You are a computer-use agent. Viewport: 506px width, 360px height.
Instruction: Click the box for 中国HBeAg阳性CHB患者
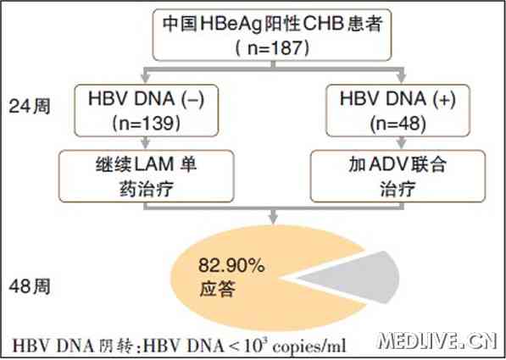click(x=272, y=35)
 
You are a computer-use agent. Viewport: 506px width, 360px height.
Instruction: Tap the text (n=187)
click(x=273, y=48)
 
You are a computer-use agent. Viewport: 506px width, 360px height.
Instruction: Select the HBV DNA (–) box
click(x=146, y=111)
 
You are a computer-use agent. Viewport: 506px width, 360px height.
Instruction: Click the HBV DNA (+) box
click(x=398, y=111)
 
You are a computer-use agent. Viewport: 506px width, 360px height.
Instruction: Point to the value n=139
click(x=146, y=124)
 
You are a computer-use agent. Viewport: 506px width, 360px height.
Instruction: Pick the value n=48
click(x=398, y=124)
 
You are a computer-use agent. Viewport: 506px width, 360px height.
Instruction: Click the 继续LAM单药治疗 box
click(x=146, y=176)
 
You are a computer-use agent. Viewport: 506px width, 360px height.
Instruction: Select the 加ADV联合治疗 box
click(x=398, y=176)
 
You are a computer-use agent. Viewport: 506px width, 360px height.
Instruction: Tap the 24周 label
click(x=30, y=106)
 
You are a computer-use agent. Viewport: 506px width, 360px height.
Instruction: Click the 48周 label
click(x=30, y=286)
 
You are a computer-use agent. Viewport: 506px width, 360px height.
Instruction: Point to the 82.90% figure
click(x=231, y=266)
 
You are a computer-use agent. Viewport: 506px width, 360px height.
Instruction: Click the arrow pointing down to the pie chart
click(x=273, y=216)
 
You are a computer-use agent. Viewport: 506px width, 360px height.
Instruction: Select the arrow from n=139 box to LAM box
click(x=146, y=143)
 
